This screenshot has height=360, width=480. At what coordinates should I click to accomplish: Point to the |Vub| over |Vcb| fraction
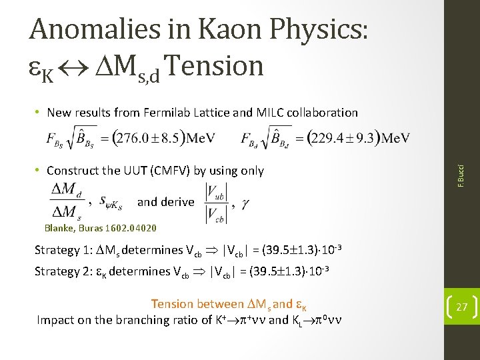213,201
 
